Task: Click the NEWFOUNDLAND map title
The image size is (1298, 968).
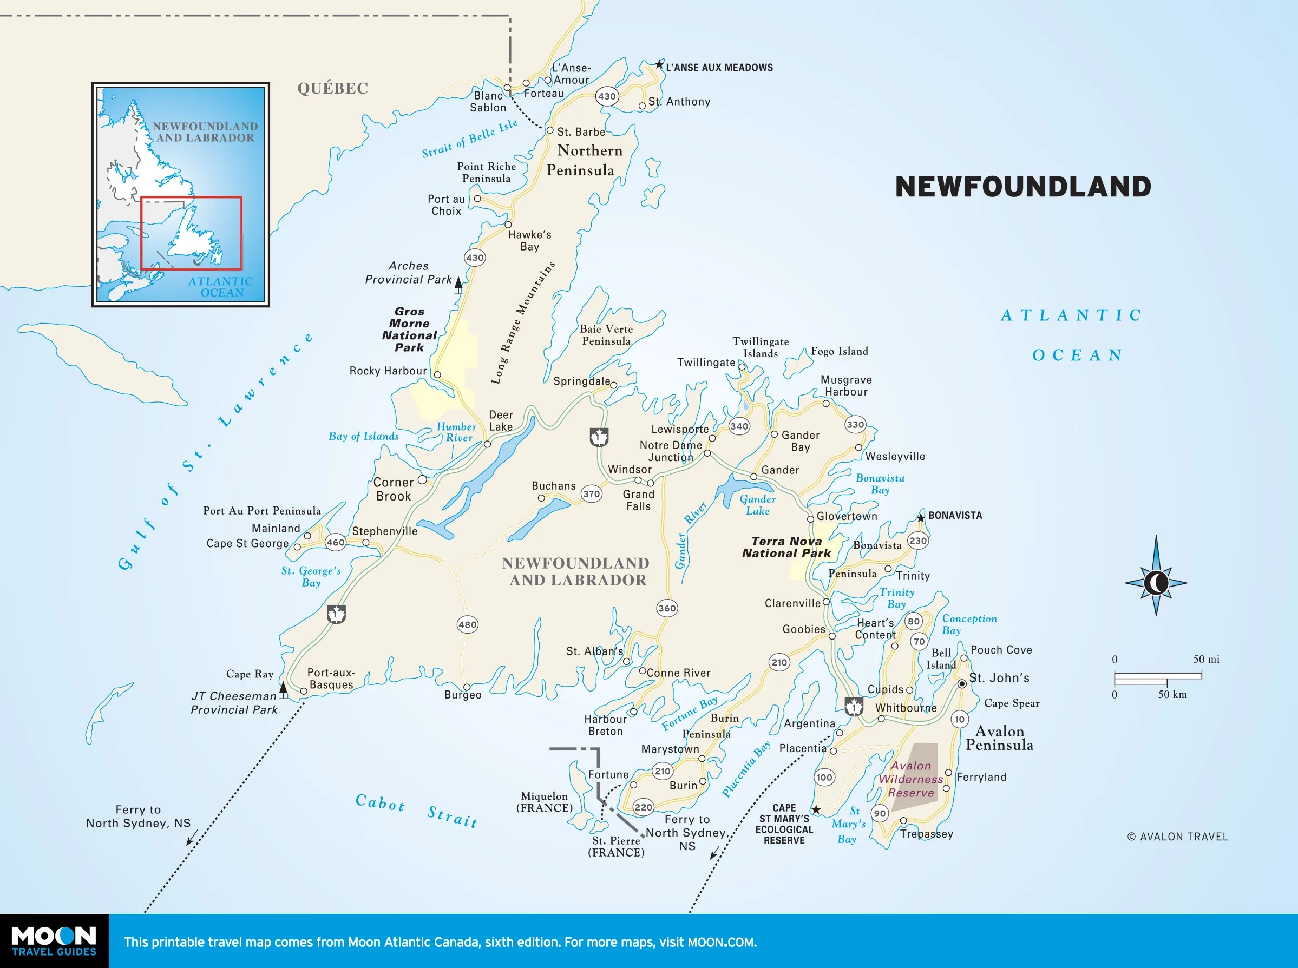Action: coord(1022,187)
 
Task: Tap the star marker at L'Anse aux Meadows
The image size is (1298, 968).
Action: coord(659,64)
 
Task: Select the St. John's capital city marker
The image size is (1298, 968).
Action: coord(962,684)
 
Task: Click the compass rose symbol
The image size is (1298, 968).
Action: coord(1156,582)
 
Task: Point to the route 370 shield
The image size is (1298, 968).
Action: coord(591,494)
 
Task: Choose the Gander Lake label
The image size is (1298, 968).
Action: coord(757,504)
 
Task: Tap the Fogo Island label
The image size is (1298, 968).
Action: coord(839,351)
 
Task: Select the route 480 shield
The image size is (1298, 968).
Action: coord(467,624)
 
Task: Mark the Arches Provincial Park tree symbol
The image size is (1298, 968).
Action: coord(458,285)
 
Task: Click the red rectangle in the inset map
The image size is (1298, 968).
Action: coord(191,233)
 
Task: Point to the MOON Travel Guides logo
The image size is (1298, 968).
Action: coord(54,941)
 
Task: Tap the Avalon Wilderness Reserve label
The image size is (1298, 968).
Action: coord(910,779)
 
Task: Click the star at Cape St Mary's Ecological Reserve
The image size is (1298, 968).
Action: coord(816,810)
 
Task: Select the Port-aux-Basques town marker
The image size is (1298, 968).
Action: coord(304,692)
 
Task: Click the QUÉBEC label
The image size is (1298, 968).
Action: coord(332,89)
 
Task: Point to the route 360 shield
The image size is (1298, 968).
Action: coord(667,608)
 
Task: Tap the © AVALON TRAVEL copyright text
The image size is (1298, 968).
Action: coord(1177,837)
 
